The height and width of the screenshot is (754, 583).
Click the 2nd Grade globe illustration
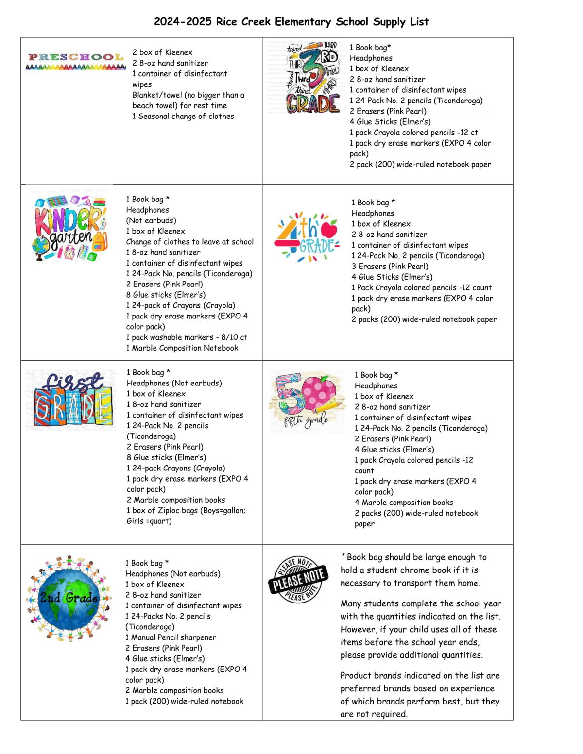(x=69, y=598)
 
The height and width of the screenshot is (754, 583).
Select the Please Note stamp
(x=297, y=579)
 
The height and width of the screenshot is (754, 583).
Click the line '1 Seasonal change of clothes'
(x=183, y=117)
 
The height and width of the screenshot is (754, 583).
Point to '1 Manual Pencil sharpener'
(x=171, y=637)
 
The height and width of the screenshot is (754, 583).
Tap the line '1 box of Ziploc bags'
(x=186, y=511)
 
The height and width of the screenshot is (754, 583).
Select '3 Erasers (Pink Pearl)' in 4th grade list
(x=390, y=267)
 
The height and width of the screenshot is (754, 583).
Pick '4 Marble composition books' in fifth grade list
(x=403, y=503)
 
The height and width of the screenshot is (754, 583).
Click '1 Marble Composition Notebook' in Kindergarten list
(x=182, y=348)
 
